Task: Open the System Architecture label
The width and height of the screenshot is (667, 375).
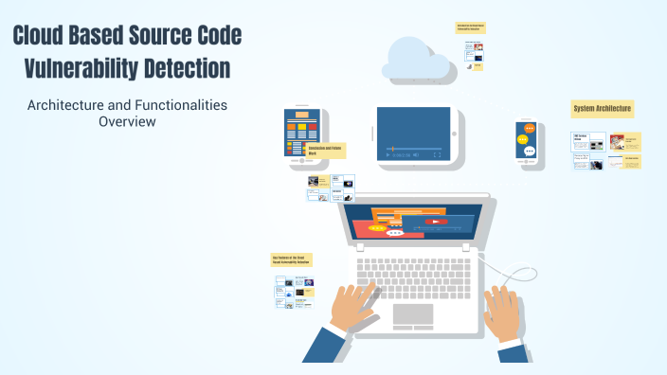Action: coord(603,110)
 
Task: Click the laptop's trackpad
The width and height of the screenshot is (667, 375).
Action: coord(413,314)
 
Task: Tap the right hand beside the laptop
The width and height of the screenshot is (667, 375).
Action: coord(501,312)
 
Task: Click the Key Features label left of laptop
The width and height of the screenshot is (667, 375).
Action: coord(292,259)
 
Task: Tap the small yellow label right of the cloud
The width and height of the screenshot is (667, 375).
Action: coord(471,28)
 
